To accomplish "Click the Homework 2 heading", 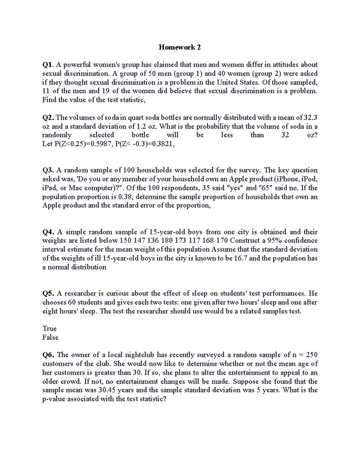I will (180, 47).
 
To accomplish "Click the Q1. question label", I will (48, 65).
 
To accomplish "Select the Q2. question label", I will (48, 117).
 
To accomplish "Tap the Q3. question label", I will (48, 170).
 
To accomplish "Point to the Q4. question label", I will (48, 232).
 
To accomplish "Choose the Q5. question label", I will (48, 293).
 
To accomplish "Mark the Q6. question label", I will (48, 355).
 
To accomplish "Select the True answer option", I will (49, 329).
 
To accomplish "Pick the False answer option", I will (50, 338).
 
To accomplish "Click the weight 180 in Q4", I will (167, 241).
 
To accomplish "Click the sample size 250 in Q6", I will (311, 355).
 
